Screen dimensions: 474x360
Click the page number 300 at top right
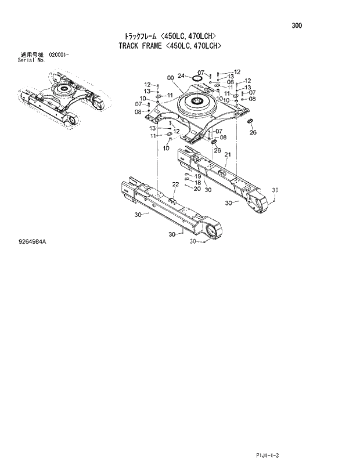(x=297, y=26)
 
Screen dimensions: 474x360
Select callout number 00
(x=170, y=78)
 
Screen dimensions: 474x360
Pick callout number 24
(x=181, y=75)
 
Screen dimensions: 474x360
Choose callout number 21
(x=228, y=154)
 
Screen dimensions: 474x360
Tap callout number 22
(x=176, y=184)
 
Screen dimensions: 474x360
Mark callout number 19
(x=197, y=176)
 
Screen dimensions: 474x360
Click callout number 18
(x=197, y=182)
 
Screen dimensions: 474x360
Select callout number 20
(x=197, y=189)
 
